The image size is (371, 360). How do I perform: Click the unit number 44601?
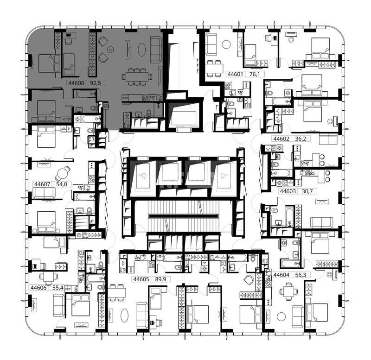[235, 74]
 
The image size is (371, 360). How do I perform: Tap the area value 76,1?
[255, 74]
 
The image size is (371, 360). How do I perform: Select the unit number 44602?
[281, 139]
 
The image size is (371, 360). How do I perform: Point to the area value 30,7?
[307, 191]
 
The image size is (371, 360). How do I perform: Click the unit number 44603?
[288, 191]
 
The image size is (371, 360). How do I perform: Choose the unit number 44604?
[281, 275]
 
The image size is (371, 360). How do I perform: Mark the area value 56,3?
[301, 275]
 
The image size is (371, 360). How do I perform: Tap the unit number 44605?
[141, 279]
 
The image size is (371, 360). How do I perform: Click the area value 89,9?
[160, 279]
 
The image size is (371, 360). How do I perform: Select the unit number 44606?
[39, 288]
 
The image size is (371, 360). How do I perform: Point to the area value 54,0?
[62, 184]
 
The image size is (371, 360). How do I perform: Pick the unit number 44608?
[76, 83]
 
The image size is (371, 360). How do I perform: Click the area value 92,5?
[96, 83]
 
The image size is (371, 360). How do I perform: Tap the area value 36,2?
[301, 139]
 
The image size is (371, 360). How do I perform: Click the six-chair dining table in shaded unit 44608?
[137, 77]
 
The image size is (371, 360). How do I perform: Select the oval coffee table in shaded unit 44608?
[141, 50]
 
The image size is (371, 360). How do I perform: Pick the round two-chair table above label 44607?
[63, 174]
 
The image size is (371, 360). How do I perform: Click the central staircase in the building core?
[183, 216]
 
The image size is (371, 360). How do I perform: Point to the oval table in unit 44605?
[124, 316]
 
